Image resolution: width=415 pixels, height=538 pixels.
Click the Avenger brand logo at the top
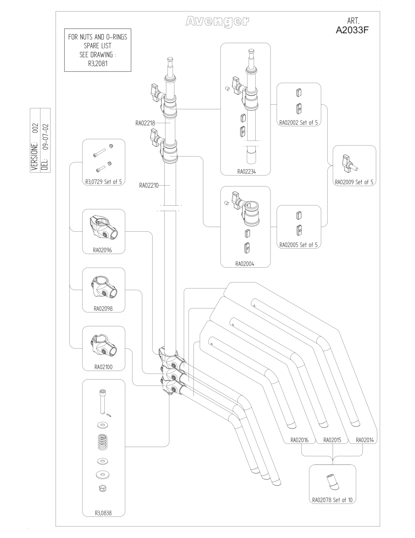(217, 22)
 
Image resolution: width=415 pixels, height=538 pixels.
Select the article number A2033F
(352, 30)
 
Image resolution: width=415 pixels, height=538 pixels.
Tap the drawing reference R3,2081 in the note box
(98, 64)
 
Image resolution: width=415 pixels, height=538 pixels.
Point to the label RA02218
(145, 123)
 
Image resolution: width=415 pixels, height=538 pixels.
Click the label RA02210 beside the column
(149, 185)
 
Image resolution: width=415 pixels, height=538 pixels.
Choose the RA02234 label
(246, 171)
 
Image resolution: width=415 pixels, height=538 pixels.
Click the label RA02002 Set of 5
(298, 122)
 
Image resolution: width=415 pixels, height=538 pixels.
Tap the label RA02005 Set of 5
(298, 245)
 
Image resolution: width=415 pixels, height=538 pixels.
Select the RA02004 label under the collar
(245, 264)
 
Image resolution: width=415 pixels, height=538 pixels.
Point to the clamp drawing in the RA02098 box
(104, 287)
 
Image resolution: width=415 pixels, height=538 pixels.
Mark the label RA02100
(103, 367)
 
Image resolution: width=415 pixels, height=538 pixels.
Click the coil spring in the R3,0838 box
(102, 442)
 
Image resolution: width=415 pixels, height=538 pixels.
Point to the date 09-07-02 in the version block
(45, 137)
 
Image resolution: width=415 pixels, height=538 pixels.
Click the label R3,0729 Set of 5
(103, 182)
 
